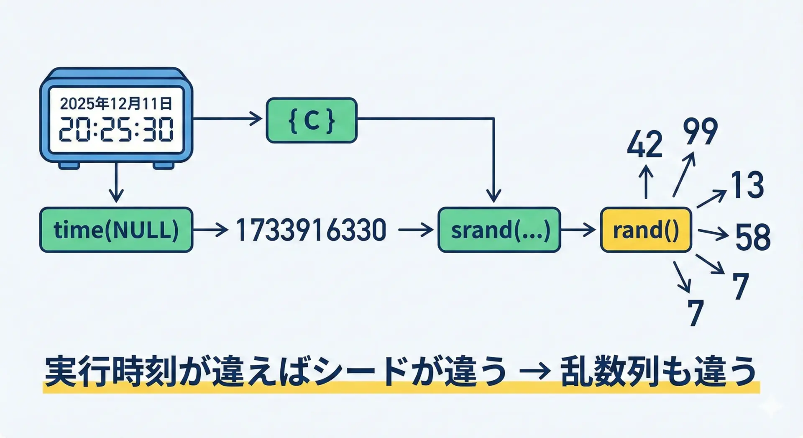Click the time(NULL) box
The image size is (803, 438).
116,230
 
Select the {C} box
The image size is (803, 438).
312,120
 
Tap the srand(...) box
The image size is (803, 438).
499,230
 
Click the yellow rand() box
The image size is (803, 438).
646,230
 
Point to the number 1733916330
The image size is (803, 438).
311,230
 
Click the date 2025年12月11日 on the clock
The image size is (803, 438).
116,103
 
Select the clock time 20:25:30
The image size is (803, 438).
116,129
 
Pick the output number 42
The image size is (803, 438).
644,144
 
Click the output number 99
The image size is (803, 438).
701,131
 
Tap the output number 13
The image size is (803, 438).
747,185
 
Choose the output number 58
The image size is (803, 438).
752,237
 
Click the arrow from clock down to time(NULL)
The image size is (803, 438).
116,183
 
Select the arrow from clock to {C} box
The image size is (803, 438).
228,119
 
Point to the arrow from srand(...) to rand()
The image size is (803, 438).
578,230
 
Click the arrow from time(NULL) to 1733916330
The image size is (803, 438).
210,230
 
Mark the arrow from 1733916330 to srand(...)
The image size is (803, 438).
416,230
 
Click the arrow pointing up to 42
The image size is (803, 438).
646,182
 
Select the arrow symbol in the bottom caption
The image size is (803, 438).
533,371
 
